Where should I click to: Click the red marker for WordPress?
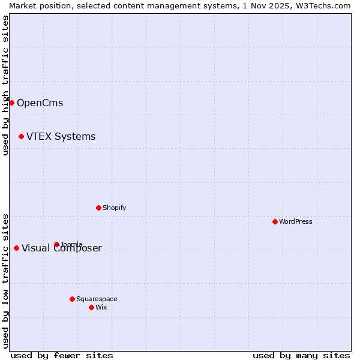[275, 221]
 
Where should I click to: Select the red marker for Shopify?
[98, 208]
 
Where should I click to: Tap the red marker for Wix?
[91, 307]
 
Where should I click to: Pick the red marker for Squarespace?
[72, 299]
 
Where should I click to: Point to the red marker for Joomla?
[56, 244]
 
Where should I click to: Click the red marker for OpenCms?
[11, 103]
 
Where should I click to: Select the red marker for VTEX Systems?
[21, 136]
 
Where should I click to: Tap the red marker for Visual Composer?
[16, 248]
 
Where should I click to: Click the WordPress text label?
[296, 221]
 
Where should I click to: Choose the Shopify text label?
[114, 208]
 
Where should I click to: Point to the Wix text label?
[101, 307]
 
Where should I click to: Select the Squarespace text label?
[97, 299]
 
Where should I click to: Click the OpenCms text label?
[40, 103]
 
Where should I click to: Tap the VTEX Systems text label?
[61, 136]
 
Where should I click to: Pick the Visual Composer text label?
[62, 248]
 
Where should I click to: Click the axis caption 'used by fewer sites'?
[62, 355]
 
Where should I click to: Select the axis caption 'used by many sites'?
[301, 355]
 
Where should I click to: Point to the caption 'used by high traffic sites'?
[5, 85]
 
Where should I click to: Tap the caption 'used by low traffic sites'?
[5, 280]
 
